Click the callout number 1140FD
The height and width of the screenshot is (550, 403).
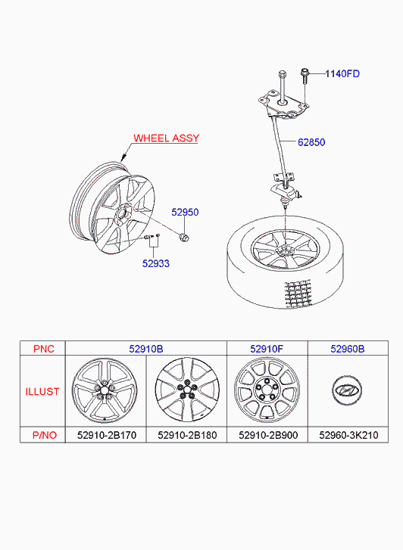click(x=342, y=73)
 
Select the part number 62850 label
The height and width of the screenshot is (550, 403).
click(x=311, y=142)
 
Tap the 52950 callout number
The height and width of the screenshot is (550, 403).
click(x=185, y=213)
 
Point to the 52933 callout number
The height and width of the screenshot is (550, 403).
click(x=155, y=263)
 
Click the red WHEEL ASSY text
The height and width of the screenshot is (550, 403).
click(x=166, y=138)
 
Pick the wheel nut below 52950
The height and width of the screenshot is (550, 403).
click(x=184, y=237)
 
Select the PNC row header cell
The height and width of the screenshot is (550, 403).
click(x=44, y=349)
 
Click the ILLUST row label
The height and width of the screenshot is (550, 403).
click(x=42, y=391)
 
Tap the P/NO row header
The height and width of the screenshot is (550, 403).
click(x=44, y=435)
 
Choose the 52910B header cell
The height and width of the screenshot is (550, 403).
click(x=145, y=349)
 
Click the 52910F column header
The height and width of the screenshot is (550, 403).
click(x=267, y=349)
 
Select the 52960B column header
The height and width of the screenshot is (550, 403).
click(x=348, y=349)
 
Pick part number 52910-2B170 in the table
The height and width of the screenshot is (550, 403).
click(x=107, y=435)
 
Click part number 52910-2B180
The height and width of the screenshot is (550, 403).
click(x=187, y=435)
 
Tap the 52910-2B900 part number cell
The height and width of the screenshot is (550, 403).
click(x=268, y=435)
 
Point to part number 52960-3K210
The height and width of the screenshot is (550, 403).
click(x=348, y=435)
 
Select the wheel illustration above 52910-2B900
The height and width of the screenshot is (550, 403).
click(x=267, y=390)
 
